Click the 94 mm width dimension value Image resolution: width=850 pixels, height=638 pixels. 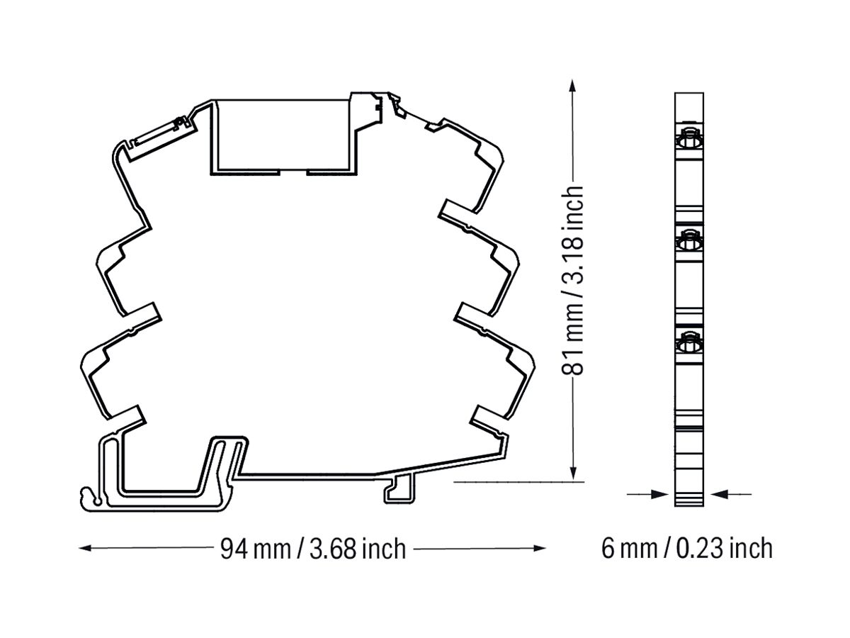[256, 549]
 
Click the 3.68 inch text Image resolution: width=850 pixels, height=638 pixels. [358, 549]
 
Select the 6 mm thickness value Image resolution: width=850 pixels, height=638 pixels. [629, 549]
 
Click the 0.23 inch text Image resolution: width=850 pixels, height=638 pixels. [724, 549]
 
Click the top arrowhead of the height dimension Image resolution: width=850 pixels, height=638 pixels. [573, 86]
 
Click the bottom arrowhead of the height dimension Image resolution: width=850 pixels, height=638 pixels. [573, 474]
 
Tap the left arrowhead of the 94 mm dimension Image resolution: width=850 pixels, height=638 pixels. [86, 548]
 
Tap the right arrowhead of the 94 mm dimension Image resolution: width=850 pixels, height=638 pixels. [538, 548]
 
